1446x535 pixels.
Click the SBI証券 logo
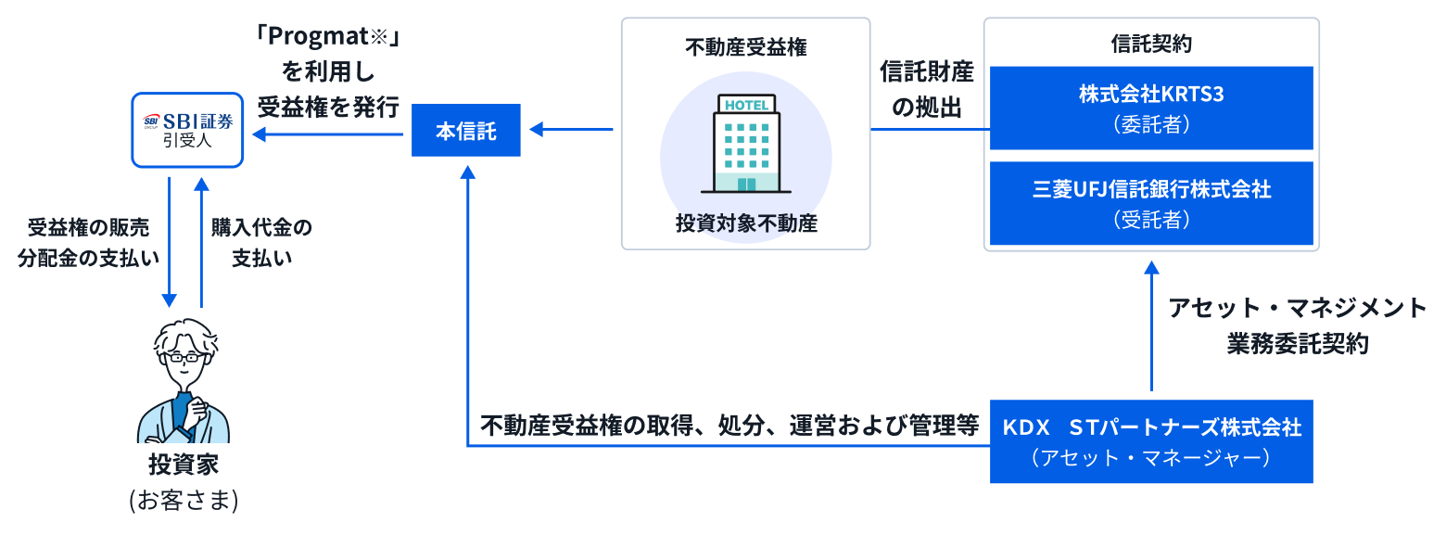pos(187,121)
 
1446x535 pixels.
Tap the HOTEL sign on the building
pos(745,105)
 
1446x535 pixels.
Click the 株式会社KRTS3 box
pos(1151,108)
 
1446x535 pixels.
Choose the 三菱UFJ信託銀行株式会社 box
pos(1151,203)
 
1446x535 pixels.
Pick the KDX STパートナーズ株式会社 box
pos(1151,441)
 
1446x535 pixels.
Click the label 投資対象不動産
pos(746,223)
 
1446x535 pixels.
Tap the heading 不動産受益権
pos(746,47)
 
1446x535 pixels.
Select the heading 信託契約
pos(1151,43)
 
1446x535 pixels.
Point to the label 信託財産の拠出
pos(927,90)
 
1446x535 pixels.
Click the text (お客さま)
pos(184,501)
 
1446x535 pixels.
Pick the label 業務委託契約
pos(1298,343)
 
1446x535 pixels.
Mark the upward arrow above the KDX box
pos(1151,325)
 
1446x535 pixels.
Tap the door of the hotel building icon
pos(746,184)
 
